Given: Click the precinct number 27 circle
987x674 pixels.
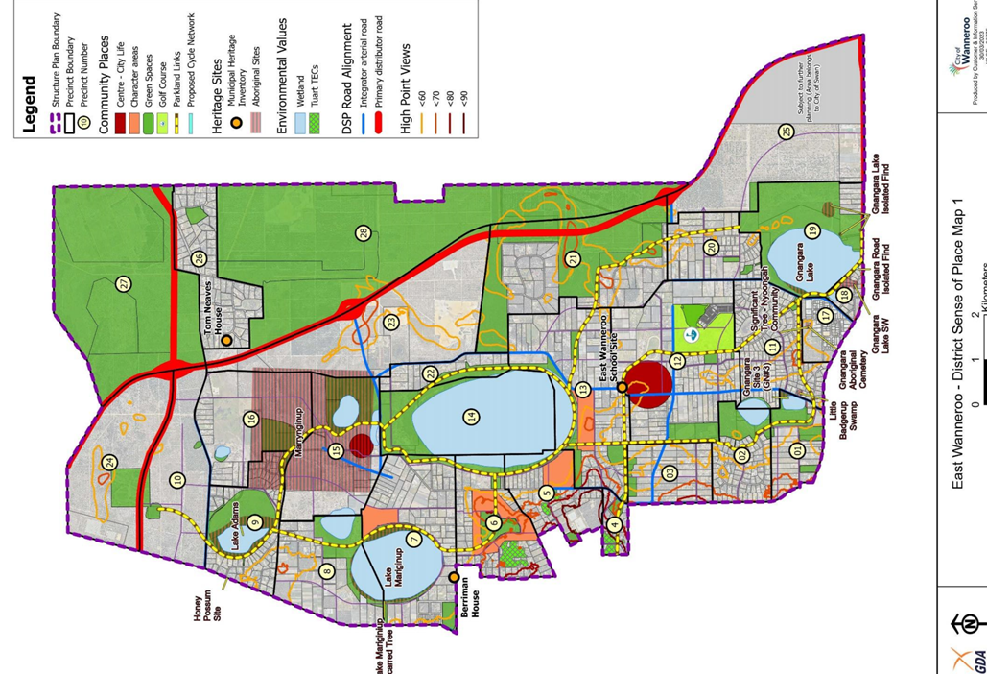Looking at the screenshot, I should pos(124,283).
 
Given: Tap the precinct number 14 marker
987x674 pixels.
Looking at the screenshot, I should pos(471,417).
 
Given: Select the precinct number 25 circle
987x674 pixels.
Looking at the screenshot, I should pos(787,132).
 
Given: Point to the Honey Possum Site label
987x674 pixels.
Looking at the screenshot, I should pos(209,607).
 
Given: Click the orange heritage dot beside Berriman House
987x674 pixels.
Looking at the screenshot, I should pos(454,578).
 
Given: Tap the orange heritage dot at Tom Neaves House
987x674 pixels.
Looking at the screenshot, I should pos(226,340).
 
